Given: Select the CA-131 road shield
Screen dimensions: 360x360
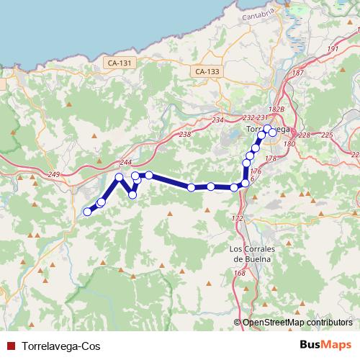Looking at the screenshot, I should point(120,63).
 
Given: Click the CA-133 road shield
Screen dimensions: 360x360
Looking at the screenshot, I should point(207,71).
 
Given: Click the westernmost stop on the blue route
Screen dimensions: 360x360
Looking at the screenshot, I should point(88,212).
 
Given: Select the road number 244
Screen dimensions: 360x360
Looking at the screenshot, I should point(127,162).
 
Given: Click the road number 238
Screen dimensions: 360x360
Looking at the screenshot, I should point(185,134).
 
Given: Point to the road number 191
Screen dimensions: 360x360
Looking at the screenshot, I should point(333,49).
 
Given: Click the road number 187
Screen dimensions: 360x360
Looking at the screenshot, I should point(298,73).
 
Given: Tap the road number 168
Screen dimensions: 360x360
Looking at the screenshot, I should point(240,273).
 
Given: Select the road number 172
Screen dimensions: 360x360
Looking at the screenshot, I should point(238,217).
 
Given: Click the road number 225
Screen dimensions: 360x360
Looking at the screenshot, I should point(327,135).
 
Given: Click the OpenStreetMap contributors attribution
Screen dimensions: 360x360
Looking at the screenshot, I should point(297,322).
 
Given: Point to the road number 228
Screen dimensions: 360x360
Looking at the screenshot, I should point(305,135).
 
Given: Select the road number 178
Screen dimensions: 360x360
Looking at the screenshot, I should point(271,158).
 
